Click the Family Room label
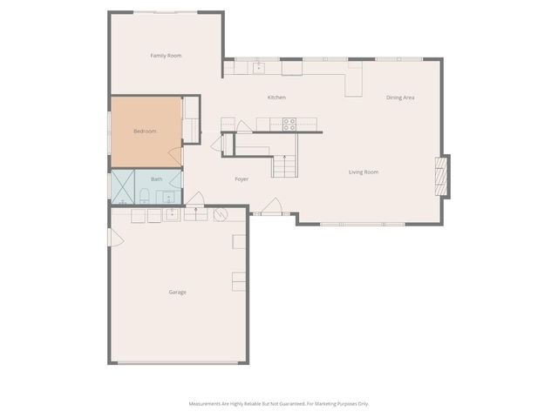pyautogui.click(x=166, y=56)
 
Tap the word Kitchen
pyautogui.click(x=276, y=98)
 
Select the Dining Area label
pyautogui.click(x=400, y=98)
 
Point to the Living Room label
pyautogui.click(x=364, y=172)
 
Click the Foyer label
pyautogui.click(x=242, y=179)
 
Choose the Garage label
pyautogui.click(x=177, y=292)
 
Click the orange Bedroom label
pyautogui.click(x=145, y=131)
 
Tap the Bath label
pyautogui.click(x=157, y=179)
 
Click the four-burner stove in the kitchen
pyautogui.click(x=289, y=124)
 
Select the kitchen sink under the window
pyautogui.click(x=259, y=67)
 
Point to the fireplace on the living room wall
pyautogui.click(x=444, y=177)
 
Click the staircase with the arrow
pyautogui.click(x=284, y=165)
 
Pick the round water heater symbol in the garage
pyautogui.click(x=221, y=213)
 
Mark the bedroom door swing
pyautogui.click(x=175, y=157)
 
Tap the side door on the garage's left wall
pyautogui.click(x=110, y=236)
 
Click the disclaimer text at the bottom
pyautogui.click(x=279, y=403)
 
